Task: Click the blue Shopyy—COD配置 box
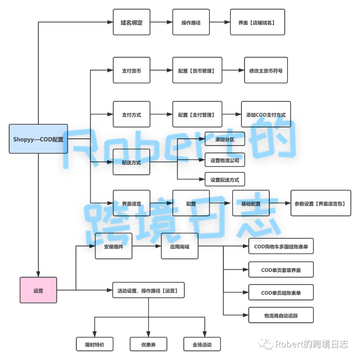click(x=38, y=139)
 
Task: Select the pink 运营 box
click(x=38, y=290)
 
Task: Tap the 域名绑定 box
click(x=131, y=22)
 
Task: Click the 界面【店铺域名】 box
click(x=257, y=22)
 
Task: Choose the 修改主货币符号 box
click(x=266, y=70)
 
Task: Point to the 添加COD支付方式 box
click(x=266, y=114)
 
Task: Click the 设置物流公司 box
click(x=225, y=160)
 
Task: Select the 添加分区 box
click(x=225, y=139)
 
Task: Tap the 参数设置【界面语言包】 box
click(x=321, y=203)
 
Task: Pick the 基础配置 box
click(x=251, y=203)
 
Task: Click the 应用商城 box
click(x=179, y=246)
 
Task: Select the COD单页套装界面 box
click(x=281, y=270)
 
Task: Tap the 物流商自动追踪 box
click(x=281, y=315)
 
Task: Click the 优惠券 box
click(x=148, y=344)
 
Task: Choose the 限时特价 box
click(x=95, y=344)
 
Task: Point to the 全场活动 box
click(x=202, y=344)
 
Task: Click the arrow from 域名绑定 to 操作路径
click(x=161, y=22)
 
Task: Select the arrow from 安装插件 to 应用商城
click(x=147, y=246)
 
